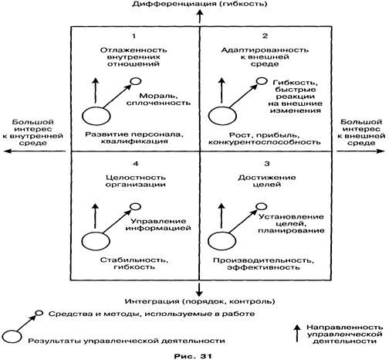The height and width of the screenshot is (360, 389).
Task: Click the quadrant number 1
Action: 134,36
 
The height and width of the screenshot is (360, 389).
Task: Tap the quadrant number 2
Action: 265,36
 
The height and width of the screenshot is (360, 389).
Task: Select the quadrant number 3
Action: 267,164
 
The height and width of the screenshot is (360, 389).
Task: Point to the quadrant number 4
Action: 136,164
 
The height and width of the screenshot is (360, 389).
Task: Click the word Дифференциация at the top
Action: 175,4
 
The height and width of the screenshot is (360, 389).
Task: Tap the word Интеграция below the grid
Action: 152,301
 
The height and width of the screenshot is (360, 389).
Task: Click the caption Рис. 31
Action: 193,356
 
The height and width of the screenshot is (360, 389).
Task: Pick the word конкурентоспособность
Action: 265,142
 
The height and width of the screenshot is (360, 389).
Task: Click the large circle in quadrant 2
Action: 222,116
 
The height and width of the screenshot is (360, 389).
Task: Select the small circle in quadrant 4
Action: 135,206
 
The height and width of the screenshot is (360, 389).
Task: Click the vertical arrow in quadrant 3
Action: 222,216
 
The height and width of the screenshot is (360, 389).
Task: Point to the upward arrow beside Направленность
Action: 297,333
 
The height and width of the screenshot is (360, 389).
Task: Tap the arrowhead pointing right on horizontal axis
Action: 381,151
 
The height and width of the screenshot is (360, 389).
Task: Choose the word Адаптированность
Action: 265,50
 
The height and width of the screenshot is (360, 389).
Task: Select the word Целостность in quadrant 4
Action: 136,178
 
